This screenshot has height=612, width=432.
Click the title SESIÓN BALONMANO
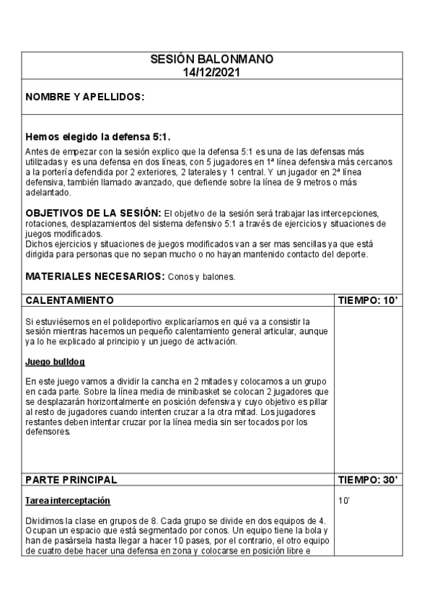click(x=212, y=60)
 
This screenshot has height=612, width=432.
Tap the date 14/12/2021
click(x=212, y=72)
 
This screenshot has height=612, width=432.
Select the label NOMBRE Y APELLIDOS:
click(x=85, y=97)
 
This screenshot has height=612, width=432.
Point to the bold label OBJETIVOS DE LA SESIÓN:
click(x=93, y=214)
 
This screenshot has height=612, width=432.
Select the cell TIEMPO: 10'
click(x=367, y=300)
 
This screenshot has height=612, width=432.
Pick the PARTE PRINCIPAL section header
click(x=71, y=479)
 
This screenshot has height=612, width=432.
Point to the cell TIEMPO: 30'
click(x=367, y=479)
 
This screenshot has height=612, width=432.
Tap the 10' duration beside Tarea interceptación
click(x=343, y=500)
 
